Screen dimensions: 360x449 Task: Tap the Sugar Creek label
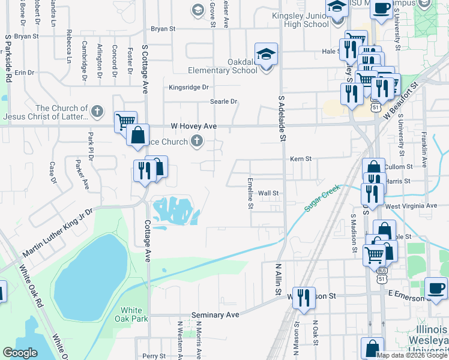point(322,200)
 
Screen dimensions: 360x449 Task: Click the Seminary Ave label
point(215,315)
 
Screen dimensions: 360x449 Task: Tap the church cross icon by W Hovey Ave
point(196,142)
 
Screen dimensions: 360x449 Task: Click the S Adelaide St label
point(280,118)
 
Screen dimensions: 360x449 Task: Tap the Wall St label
point(268,193)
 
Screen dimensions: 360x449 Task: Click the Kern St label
point(301,159)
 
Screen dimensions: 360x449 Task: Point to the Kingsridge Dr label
point(188,87)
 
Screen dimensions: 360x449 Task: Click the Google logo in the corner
point(20,353)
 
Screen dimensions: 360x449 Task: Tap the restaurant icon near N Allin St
point(304,298)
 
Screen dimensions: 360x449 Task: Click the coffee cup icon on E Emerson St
point(436,287)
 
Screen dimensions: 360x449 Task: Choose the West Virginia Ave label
point(411,205)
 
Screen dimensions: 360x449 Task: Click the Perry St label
point(154,356)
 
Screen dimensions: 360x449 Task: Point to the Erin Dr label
point(25,73)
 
